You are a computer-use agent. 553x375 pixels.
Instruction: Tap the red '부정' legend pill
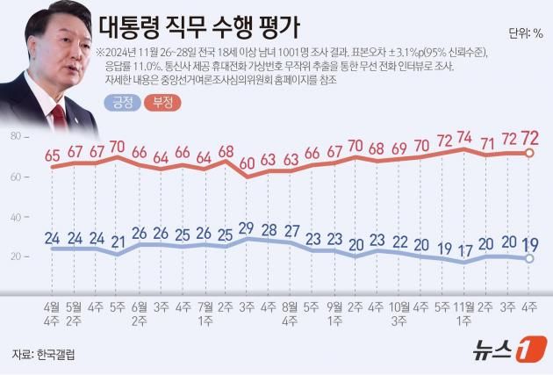click(x=162, y=102)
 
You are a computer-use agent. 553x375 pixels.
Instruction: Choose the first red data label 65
click(x=52, y=155)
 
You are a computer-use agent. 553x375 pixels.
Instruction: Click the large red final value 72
click(x=530, y=139)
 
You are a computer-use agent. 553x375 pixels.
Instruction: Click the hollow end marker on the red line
click(x=529, y=153)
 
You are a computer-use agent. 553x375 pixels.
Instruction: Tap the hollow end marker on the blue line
click(x=529, y=258)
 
